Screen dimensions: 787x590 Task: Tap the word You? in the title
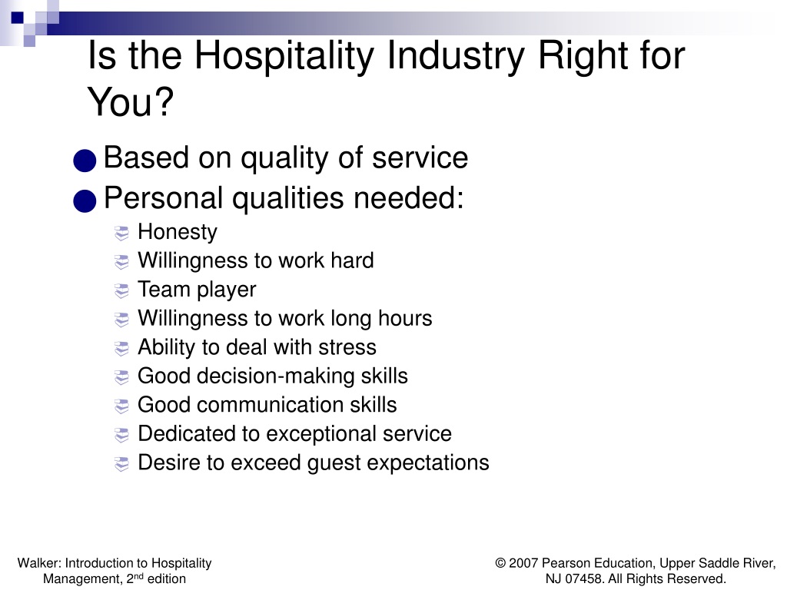[131, 101]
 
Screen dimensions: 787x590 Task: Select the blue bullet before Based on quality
[85, 161]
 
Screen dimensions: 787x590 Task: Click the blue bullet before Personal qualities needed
[85, 201]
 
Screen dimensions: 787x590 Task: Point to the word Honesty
[178, 232]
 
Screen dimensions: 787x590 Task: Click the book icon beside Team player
[121, 291]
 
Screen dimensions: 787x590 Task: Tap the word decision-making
[276, 376]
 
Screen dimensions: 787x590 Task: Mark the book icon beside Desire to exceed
[121, 464]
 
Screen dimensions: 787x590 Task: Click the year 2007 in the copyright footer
[523, 563]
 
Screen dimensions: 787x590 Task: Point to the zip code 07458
[584, 578]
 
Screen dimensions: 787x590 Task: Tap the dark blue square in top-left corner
[17, 17]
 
